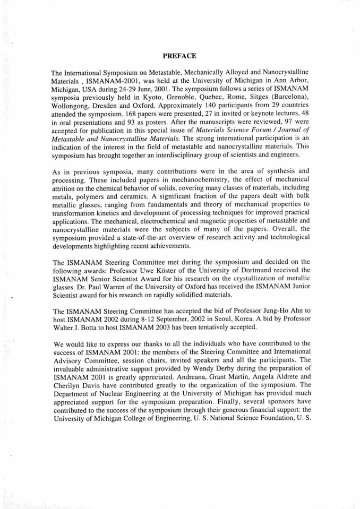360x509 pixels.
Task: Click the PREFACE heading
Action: click(179, 55)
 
